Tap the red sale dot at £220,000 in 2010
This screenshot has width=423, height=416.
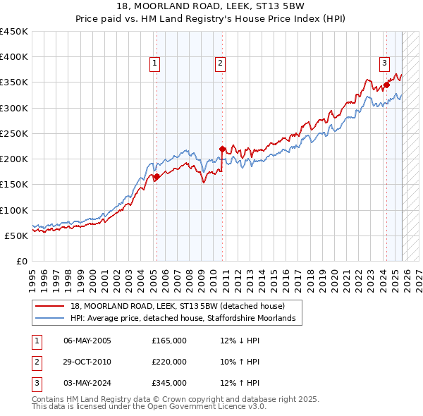pos(222,149)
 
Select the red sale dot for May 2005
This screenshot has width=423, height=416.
pos(157,177)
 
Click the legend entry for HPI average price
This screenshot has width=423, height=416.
pos(187,319)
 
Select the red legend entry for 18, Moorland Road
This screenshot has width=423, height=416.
pos(177,306)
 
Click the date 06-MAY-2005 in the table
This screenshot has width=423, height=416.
pos(87,341)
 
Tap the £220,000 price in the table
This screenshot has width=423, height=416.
pos(169,362)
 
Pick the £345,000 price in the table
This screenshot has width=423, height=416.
pos(169,383)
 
